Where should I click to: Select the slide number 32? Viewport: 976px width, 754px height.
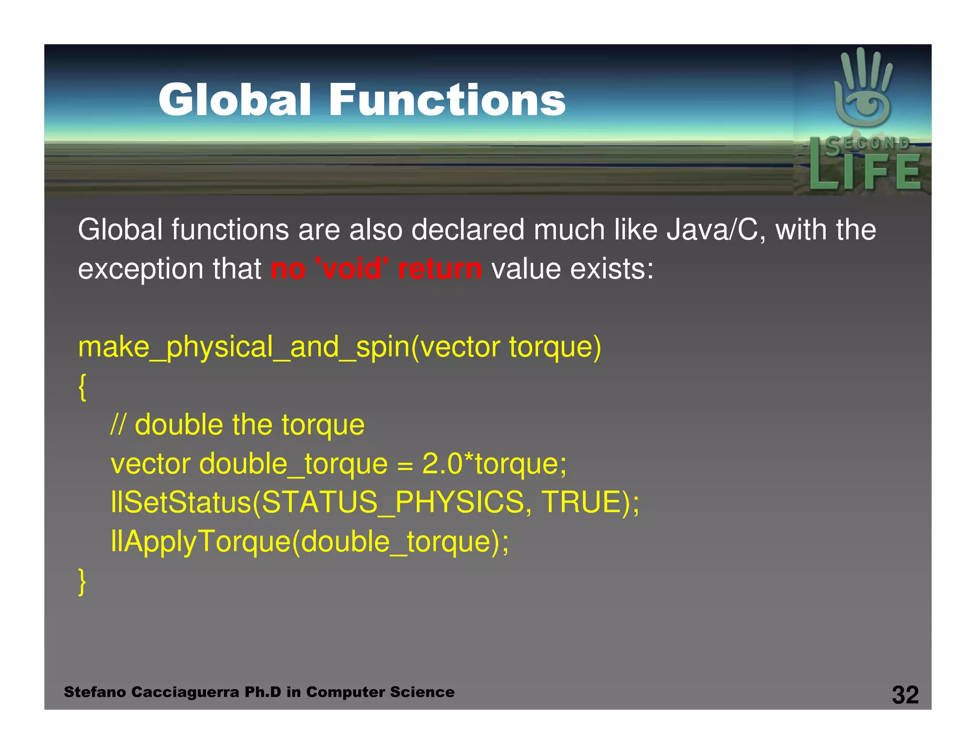pos(905,694)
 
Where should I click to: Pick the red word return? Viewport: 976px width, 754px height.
pos(439,268)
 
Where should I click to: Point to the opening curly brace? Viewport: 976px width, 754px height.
pos(82,387)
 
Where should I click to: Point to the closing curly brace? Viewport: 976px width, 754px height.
pos(82,581)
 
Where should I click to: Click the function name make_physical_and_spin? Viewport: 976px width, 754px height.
pos(243,347)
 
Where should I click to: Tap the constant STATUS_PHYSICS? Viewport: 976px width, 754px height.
pos(393,502)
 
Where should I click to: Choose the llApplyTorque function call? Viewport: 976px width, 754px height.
pos(200,541)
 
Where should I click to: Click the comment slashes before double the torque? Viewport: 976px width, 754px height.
pos(118,424)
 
